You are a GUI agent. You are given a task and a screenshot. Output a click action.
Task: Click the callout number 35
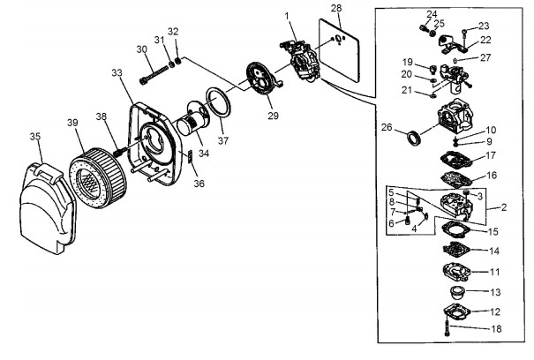point(35,137)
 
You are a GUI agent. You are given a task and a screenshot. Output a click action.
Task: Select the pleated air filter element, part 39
point(98,177)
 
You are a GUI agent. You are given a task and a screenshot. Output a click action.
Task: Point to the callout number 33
point(117,73)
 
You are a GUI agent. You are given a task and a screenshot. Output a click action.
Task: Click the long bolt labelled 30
point(154,75)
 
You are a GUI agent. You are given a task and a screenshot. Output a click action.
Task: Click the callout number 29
point(273,116)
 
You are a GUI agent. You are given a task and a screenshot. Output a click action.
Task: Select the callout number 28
point(336,8)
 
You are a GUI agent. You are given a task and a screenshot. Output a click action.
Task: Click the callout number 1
point(287,16)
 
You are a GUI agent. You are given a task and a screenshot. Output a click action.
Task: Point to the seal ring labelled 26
point(414,137)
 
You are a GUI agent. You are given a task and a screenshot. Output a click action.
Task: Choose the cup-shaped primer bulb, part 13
point(456,292)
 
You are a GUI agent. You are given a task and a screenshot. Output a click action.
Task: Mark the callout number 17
point(491,155)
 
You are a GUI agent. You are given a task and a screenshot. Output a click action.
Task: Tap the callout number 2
point(504,207)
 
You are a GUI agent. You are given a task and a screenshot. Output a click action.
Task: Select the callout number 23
point(484,26)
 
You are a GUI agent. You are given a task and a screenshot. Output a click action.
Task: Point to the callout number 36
point(199,184)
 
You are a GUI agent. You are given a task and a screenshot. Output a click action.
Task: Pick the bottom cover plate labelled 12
point(457,311)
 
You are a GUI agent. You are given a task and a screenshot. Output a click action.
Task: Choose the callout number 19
point(408,62)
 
